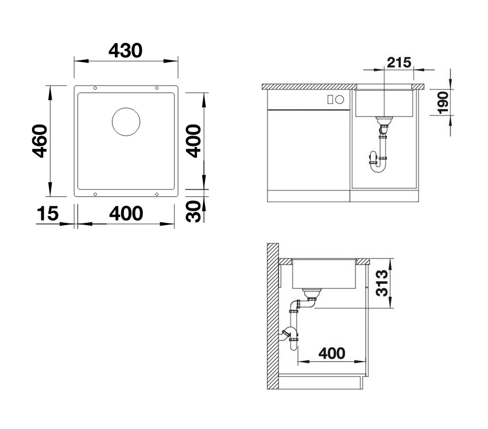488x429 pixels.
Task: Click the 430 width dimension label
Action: coord(125,51)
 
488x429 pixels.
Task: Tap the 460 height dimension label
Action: coord(40,141)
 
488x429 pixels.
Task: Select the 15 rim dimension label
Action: coord(47,214)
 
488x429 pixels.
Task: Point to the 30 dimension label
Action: coord(193,211)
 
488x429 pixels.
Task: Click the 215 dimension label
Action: coord(399,63)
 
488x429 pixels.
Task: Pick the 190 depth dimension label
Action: coord(443,102)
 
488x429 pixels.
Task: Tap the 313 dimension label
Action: coord(382,283)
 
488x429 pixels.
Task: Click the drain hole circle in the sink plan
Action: coord(126,122)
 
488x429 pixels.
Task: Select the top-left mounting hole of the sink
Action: coord(95,88)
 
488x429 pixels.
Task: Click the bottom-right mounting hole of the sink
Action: coord(157,194)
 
